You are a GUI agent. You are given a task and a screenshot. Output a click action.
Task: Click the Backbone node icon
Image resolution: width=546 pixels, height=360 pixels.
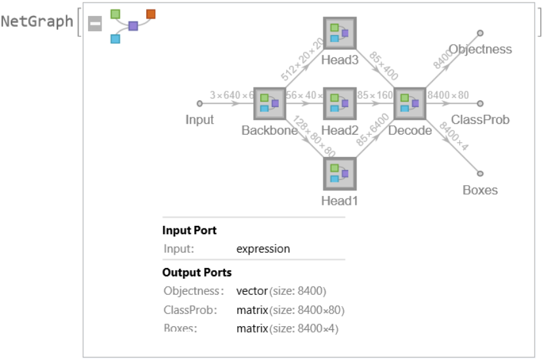coord(269,103)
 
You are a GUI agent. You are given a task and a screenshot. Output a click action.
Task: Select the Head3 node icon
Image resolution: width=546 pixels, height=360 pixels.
coord(339,33)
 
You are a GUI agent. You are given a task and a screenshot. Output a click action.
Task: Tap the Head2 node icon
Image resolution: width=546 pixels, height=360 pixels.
coord(339,103)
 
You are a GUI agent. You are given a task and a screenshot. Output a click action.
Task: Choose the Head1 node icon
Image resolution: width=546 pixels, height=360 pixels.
coord(339,174)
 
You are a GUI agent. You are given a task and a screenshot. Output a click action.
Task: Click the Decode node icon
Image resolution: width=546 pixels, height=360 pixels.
coord(409,103)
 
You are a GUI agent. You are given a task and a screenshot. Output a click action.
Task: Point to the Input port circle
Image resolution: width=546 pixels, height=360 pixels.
coord(200,103)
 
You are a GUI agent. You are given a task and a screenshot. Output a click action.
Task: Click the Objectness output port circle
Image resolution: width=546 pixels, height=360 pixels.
coord(480,33)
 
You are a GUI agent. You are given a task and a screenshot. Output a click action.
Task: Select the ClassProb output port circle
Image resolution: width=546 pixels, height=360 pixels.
coord(480,103)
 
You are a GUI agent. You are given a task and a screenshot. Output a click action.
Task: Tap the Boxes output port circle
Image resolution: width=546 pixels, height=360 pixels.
coord(480,173)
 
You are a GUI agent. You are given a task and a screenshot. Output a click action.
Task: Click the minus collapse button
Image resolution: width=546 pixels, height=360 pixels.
coord(95,24)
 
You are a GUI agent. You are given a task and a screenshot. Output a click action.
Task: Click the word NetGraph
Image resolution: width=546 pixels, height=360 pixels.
coord(37,22)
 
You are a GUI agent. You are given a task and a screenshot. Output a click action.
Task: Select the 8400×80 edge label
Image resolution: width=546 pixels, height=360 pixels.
coord(448,96)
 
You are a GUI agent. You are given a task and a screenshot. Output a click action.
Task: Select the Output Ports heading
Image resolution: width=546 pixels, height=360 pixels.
coord(197,273)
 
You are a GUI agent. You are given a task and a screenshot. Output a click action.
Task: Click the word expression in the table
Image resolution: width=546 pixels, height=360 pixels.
coord(263,249)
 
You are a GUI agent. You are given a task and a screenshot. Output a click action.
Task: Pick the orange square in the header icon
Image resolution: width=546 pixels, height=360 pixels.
coord(151,13)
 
